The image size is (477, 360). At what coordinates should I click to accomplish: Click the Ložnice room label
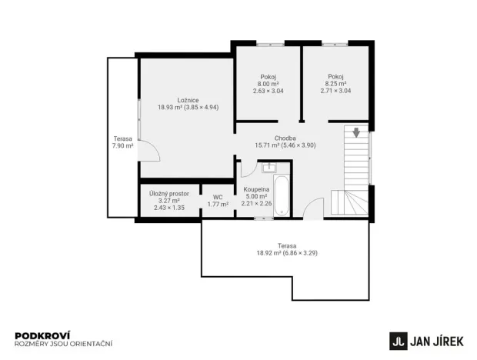(188, 99)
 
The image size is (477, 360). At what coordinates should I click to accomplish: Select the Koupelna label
(256, 188)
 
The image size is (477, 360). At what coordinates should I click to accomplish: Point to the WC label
(218, 197)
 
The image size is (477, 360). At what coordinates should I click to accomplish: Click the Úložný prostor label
(168, 193)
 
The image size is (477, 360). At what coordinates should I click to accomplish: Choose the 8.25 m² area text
(335, 84)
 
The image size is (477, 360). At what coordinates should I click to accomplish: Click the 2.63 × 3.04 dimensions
(269, 91)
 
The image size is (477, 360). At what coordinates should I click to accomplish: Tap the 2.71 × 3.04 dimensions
(335, 91)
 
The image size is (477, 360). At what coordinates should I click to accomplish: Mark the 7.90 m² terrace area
(123, 145)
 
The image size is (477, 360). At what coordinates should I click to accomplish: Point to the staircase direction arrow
(356, 132)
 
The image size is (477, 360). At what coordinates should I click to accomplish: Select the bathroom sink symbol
(269, 167)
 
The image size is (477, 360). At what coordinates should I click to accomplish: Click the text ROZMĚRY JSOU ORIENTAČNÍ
(64, 343)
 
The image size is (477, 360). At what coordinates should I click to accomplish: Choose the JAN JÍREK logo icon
(398, 339)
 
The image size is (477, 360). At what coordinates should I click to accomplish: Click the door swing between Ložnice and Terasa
(150, 152)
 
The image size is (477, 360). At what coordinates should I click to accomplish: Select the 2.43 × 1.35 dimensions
(168, 208)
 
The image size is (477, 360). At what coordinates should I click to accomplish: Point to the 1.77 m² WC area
(218, 205)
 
